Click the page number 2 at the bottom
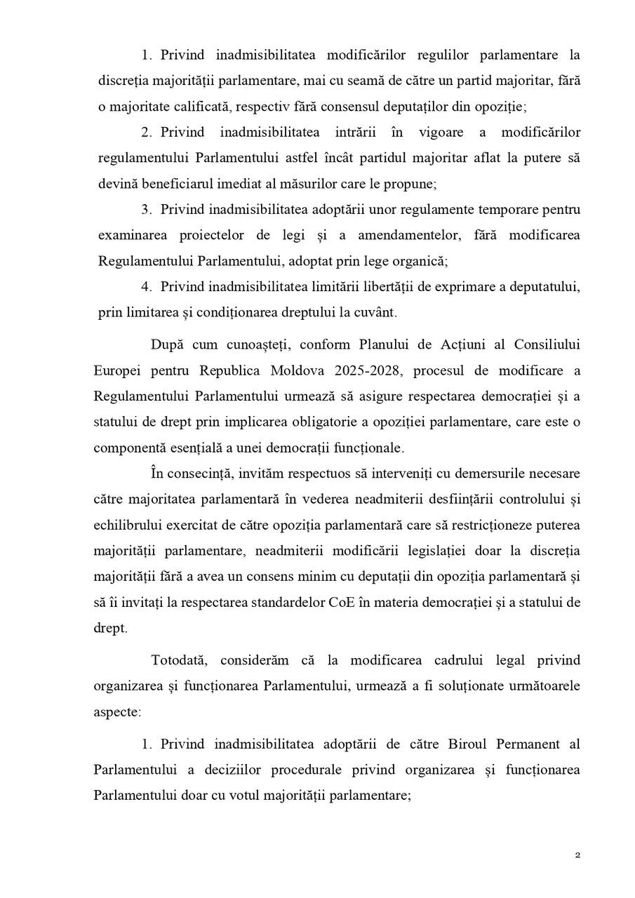coord(577,855)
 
